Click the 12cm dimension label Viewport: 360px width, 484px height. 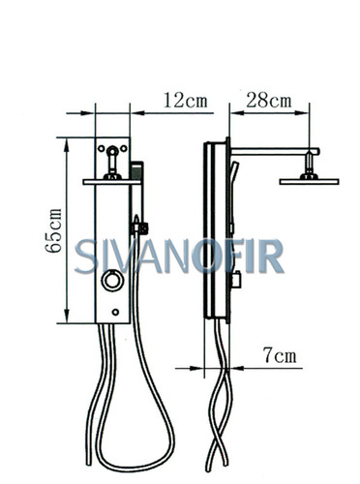185,100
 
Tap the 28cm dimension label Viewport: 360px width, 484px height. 269,100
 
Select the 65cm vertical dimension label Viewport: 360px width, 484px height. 53,230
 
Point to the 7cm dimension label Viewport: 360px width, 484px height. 280,355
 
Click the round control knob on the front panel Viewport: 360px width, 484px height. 112,281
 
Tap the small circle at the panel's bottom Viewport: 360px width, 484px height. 115,312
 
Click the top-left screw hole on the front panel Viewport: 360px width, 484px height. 102,149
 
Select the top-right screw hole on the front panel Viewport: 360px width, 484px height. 124,149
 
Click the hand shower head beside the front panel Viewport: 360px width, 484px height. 136,170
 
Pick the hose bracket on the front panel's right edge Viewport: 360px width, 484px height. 139,227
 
